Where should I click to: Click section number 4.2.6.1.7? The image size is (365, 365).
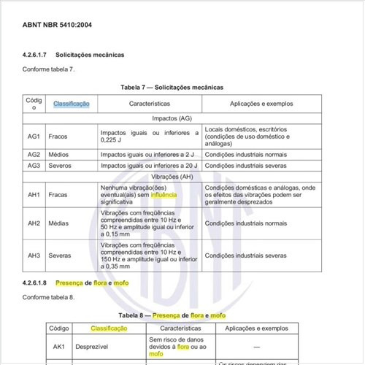point(36,55)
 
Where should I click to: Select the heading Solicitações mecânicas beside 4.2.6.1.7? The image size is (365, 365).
point(90,55)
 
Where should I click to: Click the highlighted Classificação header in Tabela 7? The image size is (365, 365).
point(71,104)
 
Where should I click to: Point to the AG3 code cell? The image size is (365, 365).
point(34,165)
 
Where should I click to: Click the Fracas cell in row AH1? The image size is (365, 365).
point(58,195)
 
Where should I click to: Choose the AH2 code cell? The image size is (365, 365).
point(34,223)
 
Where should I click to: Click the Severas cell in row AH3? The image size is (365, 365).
point(60,255)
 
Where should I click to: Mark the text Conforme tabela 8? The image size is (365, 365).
point(49,298)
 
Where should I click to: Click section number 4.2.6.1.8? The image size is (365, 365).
point(36,281)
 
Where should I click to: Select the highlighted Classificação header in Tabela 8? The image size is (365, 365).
point(109,328)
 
